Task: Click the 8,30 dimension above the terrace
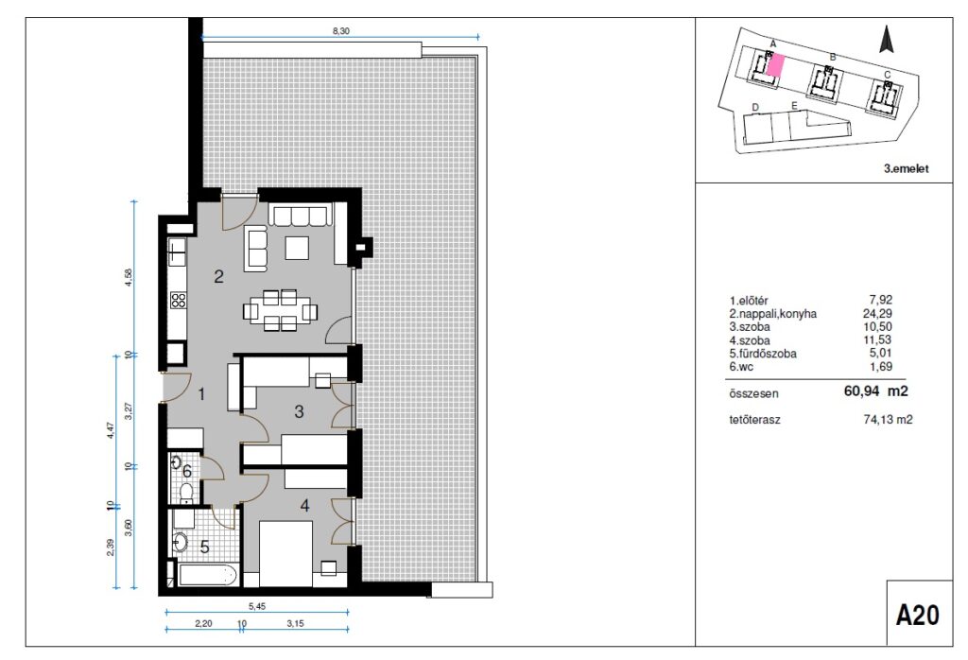340,31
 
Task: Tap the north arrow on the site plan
887,40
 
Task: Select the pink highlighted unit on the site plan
775,64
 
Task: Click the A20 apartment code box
919,615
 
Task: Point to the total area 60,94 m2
876,391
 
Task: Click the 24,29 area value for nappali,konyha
877,314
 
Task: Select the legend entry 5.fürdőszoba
763,354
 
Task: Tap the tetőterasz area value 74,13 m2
887,420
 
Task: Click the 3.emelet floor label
907,168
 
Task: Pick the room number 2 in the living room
218,276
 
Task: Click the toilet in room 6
186,492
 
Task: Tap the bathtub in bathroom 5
207,576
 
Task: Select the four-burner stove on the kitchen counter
179,301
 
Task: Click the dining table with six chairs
281,310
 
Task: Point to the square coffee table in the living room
297,248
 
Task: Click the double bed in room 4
285,553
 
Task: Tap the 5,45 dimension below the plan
257,606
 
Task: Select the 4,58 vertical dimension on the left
129,277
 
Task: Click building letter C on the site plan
887,76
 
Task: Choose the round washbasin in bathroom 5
180,542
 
